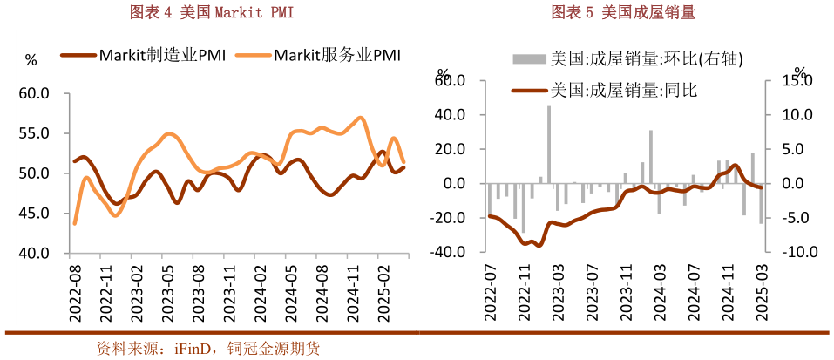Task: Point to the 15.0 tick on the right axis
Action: click(797, 80)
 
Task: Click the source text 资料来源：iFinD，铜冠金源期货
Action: click(208, 349)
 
